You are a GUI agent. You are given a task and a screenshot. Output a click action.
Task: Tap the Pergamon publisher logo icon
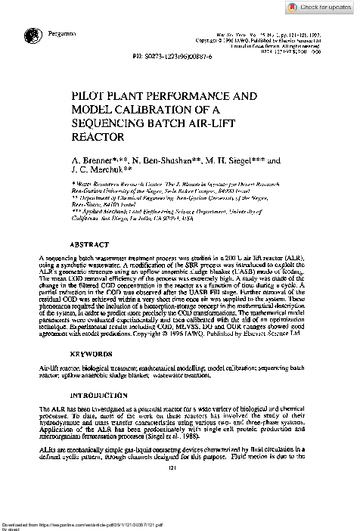[32, 34]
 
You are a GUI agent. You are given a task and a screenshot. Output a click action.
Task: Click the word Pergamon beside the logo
[61, 34]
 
